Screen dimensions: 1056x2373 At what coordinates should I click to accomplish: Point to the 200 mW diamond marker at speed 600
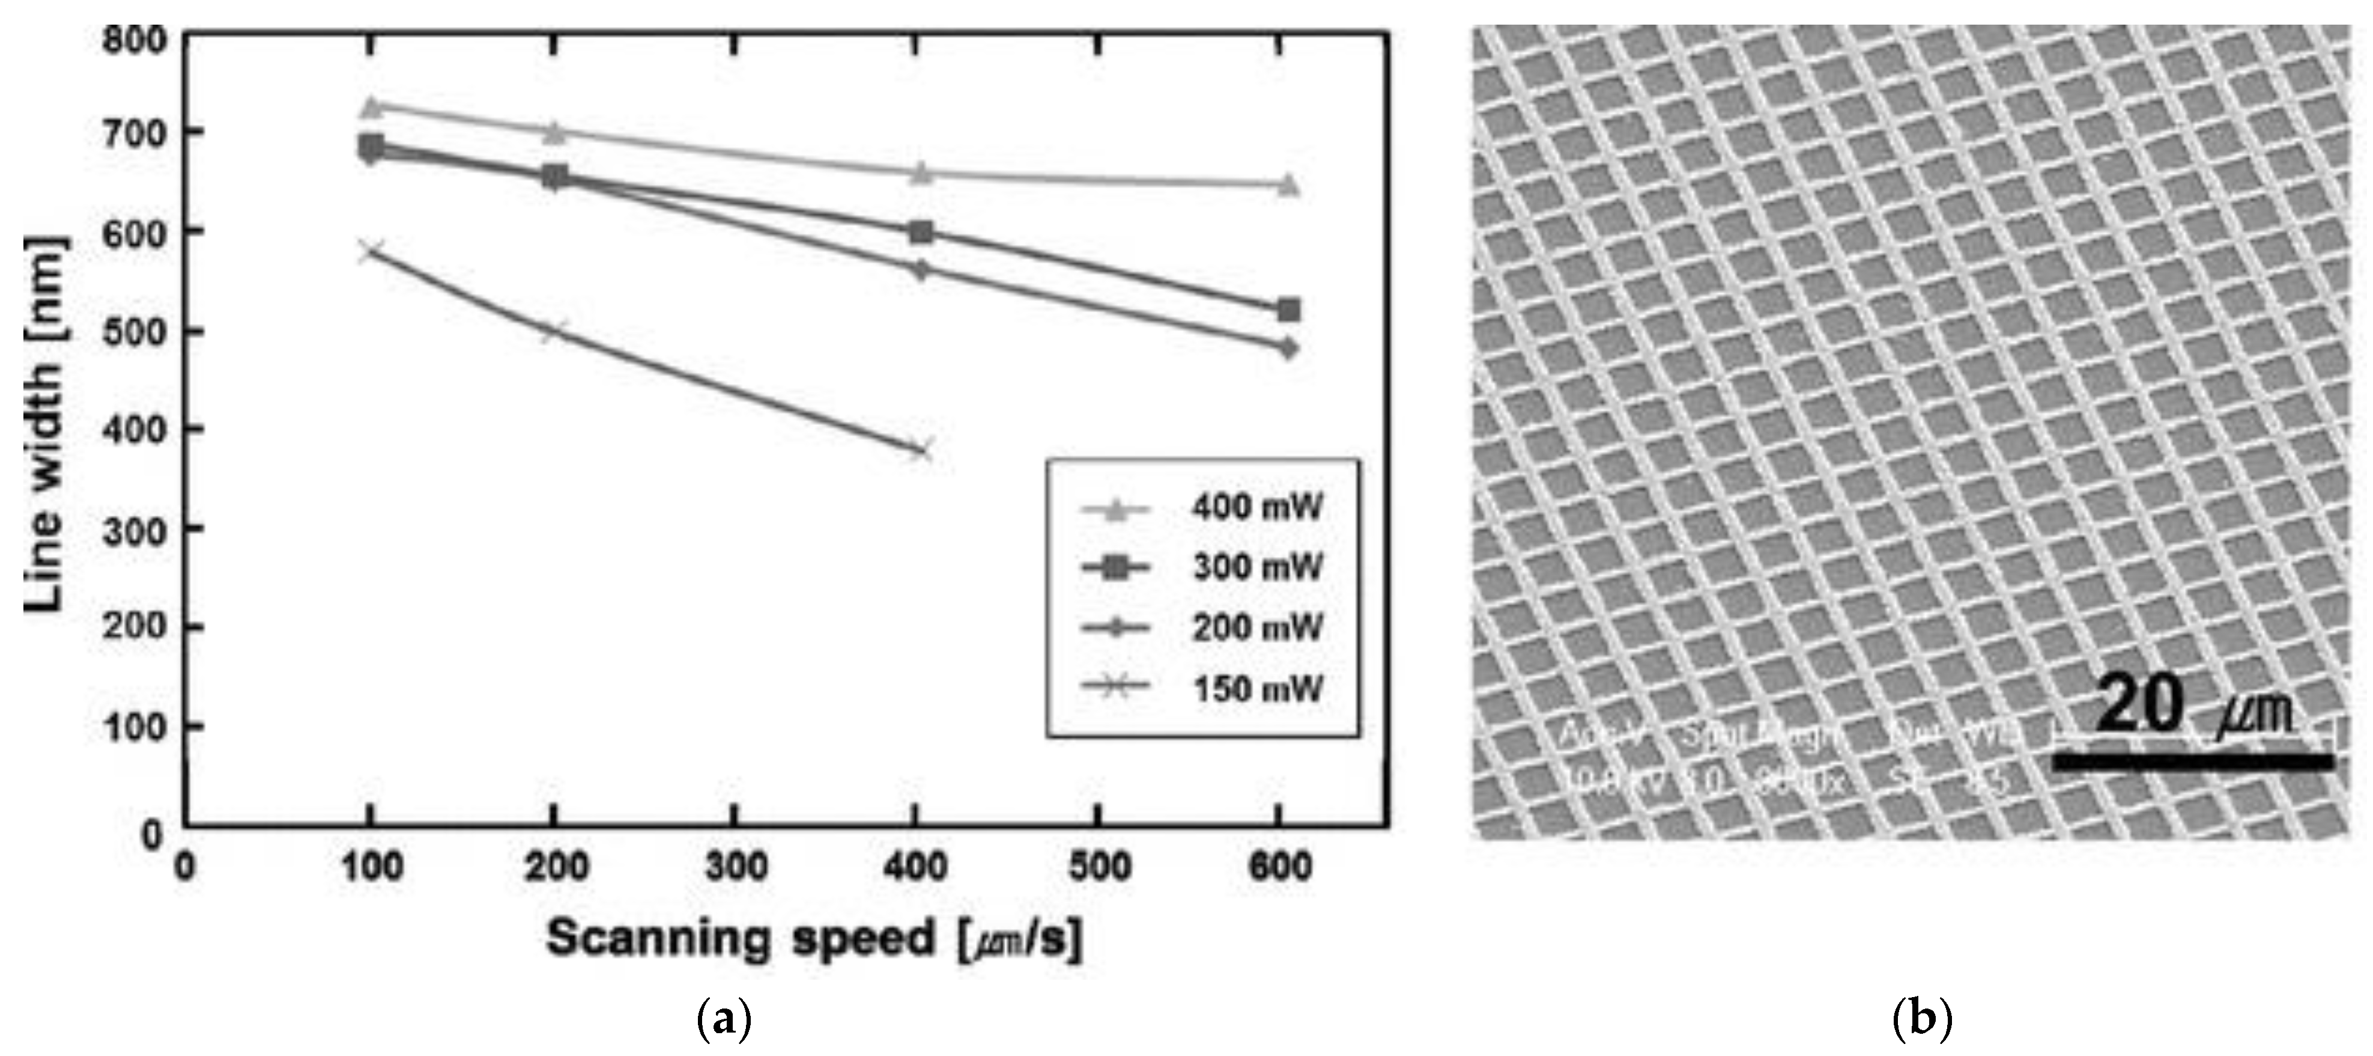pos(1289,349)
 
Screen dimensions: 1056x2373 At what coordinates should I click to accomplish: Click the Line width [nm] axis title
pos(44,424)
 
